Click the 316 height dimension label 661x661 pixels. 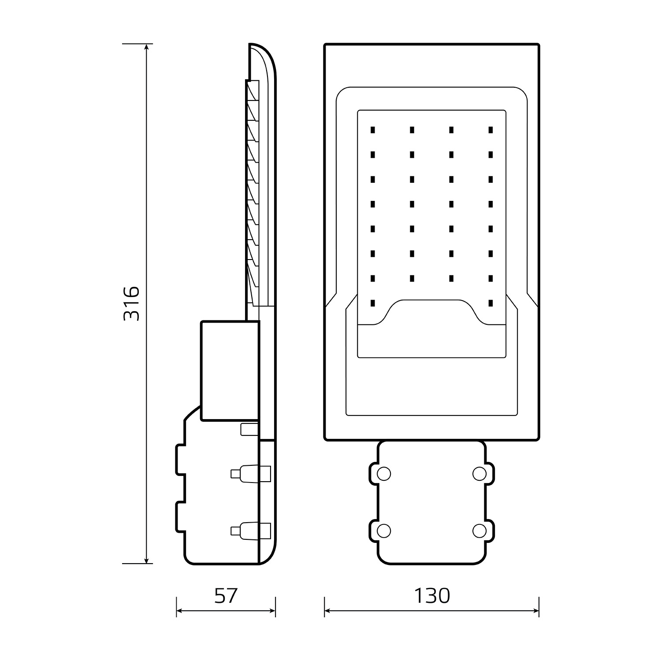tap(131, 304)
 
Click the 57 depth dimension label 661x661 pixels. tap(226, 596)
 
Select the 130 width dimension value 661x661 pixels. tap(432, 596)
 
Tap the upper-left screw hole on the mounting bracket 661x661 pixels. tap(384, 474)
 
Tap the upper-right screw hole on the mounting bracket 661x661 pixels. tap(479, 474)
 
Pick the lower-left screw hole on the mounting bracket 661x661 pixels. tap(384, 531)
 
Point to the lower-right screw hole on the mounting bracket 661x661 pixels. tap(479, 531)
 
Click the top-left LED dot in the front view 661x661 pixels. tap(373, 130)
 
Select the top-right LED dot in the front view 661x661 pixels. tap(490, 130)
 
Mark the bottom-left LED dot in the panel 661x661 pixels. tap(373, 303)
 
